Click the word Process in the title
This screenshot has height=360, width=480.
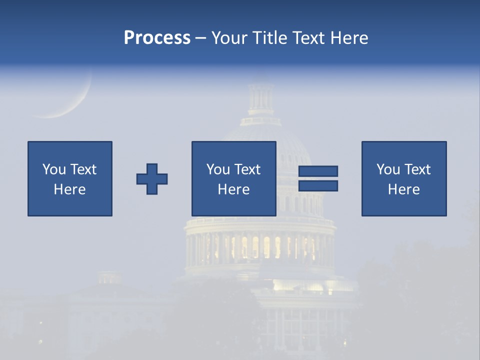point(157,37)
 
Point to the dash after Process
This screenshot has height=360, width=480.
point(201,38)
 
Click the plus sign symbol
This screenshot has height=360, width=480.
point(152,179)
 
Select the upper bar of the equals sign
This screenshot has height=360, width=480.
point(318,171)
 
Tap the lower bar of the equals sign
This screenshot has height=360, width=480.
point(318,186)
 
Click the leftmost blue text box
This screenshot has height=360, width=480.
point(70,178)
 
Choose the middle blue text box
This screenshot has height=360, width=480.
point(233,178)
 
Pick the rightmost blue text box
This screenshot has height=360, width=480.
point(404,178)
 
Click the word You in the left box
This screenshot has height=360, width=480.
point(53,169)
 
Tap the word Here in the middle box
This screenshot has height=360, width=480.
point(233,189)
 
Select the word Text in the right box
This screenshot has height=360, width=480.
point(417,169)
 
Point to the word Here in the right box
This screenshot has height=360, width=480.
point(404,189)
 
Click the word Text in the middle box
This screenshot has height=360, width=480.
point(247,169)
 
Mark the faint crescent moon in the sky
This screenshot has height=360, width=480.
point(75,102)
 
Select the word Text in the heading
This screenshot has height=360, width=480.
point(310,37)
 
